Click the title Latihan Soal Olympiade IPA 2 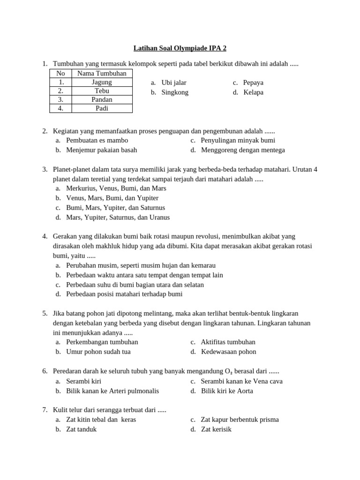coord(180,48)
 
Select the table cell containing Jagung coord(102,82)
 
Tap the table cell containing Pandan coord(102,99)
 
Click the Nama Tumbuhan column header coord(102,73)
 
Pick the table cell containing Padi coord(102,108)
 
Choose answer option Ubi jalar coord(173,82)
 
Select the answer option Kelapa coord(253,92)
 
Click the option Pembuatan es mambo coord(97,140)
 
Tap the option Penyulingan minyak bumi coord(238,140)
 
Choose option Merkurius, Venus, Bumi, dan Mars coord(116,188)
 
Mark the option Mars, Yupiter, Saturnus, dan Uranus coord(118,217)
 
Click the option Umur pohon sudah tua coord(98,352)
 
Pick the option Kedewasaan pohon coord(229,352)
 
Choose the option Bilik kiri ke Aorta coord(227,391)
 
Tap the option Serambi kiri coord(83,381)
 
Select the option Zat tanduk coord(81,429)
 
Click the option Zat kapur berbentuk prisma coord(240,420)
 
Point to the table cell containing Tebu coord(102,91)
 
